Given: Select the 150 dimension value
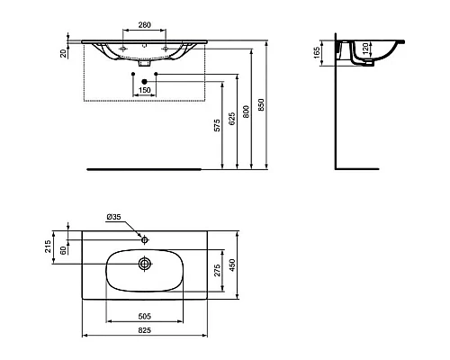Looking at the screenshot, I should pos(144,91).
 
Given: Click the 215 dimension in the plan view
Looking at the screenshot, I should pos(49,247).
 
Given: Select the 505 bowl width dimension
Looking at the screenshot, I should pos(144,318).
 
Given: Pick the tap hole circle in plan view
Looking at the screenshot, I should pos(144,240).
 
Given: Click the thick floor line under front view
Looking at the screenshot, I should pos(144,168).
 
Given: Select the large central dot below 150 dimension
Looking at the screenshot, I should pos(144,81).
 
